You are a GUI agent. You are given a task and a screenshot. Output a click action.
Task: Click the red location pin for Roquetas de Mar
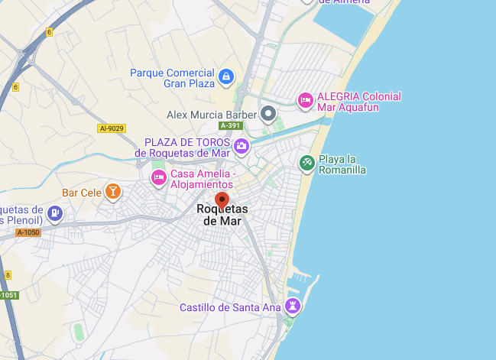(x=222, y=201)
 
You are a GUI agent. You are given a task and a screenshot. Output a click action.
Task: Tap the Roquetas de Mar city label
(x=222, y=215)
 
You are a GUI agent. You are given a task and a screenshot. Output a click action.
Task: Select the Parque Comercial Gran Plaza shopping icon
(x=225, y=76)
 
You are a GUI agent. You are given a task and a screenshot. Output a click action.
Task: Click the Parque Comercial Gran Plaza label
(x=173, y=78)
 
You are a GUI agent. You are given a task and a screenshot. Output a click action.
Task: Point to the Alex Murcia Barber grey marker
(x=268, y=115)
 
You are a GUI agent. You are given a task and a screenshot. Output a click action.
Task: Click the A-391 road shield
(x=230, y=125)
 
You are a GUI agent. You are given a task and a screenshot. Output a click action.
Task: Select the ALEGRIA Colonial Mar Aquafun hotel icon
(x=305, y=100)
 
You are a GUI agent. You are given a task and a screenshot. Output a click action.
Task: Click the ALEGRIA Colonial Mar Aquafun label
(x=358, y=102)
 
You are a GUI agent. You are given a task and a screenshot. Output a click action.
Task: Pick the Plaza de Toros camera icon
(x=242, y=145)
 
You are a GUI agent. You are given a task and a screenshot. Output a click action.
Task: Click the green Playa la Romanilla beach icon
(x=306, y=163)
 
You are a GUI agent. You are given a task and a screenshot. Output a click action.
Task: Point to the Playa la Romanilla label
(x=342, y=164)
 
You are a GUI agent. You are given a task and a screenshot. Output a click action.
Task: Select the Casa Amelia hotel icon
(x=158, y=177)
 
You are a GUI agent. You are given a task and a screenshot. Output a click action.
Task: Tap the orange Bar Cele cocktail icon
(x=113, y=191)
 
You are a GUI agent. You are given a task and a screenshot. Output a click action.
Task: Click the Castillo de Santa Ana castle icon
(x=292, y=306)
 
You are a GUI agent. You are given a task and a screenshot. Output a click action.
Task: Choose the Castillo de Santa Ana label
(x=230, y=307)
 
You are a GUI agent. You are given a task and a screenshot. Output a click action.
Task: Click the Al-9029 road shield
(x=112, y=128)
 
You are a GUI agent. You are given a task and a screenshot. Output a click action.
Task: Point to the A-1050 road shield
(x=27, y=232)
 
